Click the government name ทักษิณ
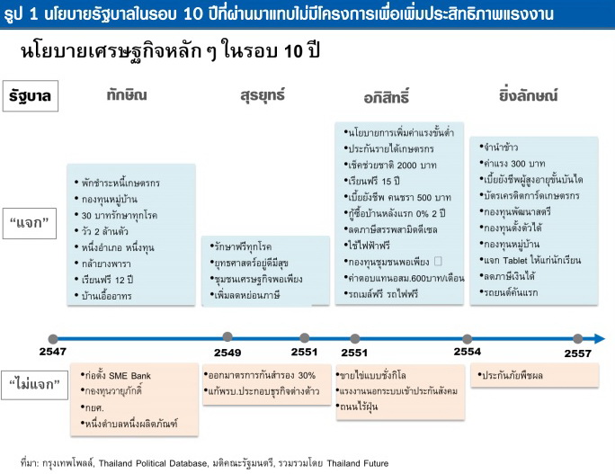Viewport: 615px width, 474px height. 127,95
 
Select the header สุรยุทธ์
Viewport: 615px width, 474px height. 263,95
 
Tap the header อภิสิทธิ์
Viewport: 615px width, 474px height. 387,96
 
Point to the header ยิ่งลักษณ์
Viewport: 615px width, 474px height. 528,95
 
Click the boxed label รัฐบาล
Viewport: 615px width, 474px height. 31,95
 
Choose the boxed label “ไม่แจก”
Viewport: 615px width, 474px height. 34,385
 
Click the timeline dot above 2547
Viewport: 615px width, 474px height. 53,339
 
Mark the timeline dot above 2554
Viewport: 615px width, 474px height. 467,338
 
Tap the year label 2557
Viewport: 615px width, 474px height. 578,353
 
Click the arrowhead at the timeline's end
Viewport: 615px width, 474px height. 600,338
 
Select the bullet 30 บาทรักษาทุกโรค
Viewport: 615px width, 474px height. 120,216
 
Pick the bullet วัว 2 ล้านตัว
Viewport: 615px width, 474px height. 104,231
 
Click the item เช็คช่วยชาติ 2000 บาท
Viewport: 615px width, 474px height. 392,165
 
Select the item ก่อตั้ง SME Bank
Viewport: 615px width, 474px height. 118,375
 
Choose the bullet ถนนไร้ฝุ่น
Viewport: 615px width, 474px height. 359,407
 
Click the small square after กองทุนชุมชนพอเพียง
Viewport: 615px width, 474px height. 438,261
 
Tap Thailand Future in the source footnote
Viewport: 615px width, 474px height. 357,463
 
